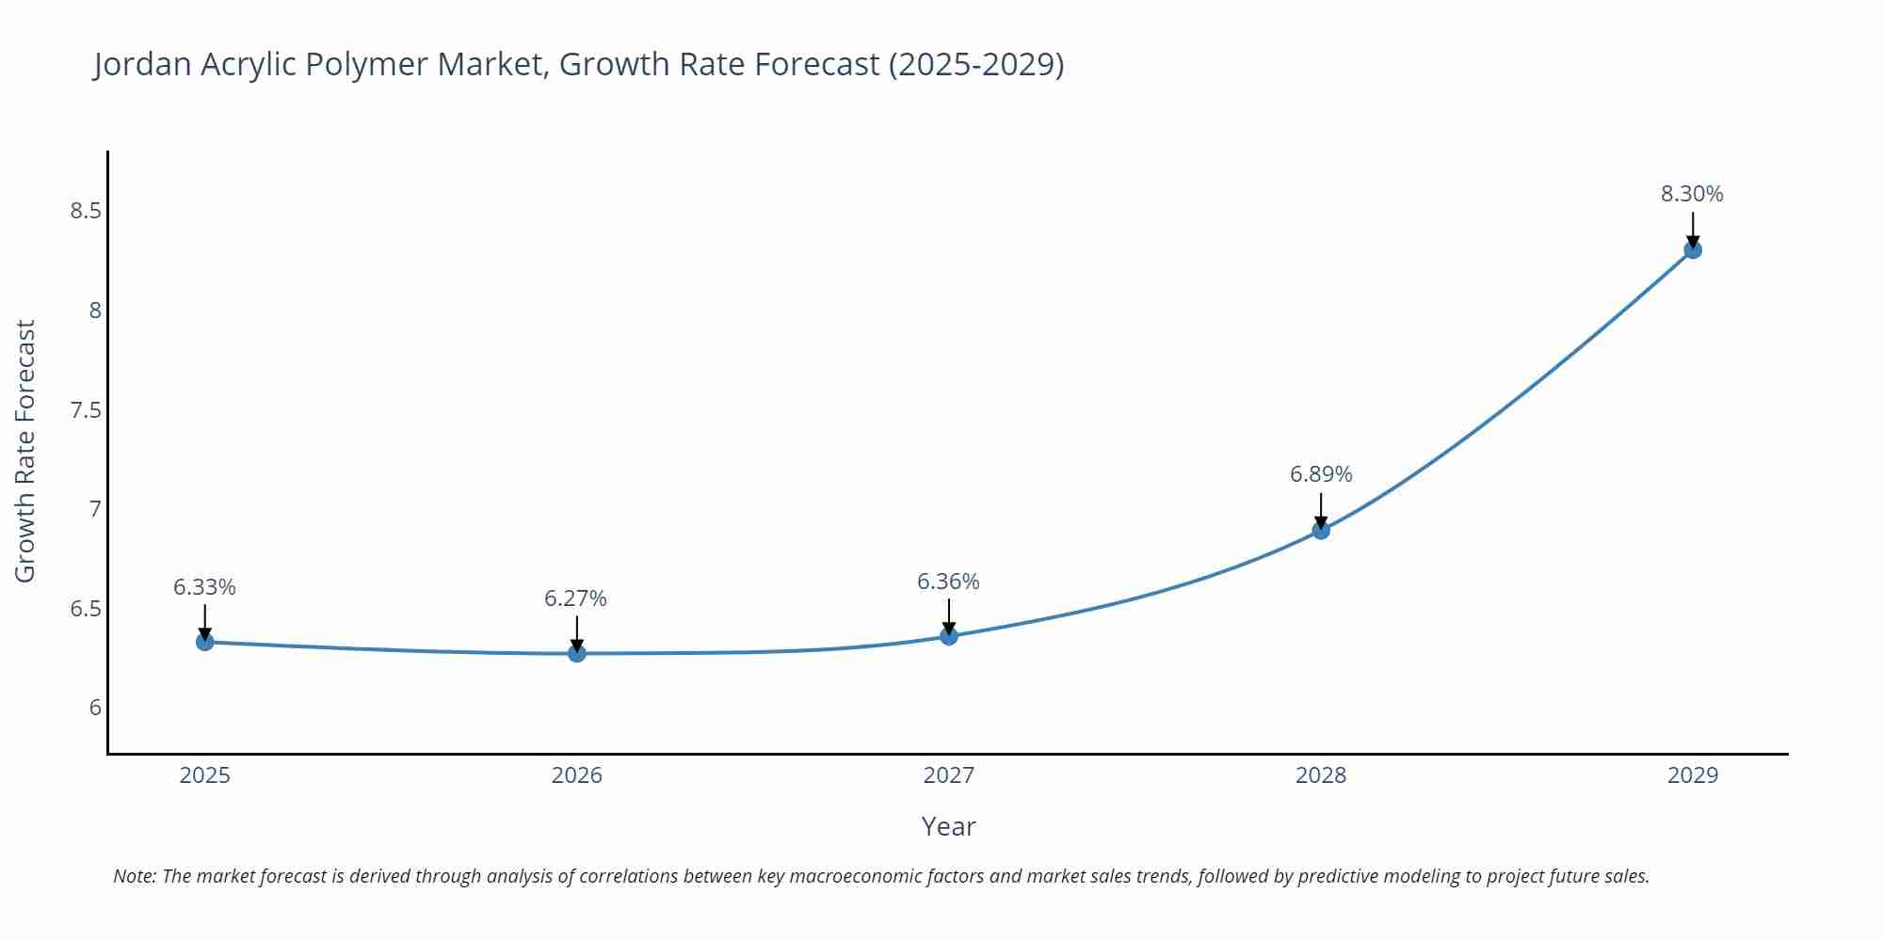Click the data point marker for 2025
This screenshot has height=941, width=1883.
[205, 642]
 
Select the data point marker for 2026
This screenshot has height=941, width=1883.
[577, 653]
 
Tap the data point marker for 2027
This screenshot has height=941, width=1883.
[949, 636]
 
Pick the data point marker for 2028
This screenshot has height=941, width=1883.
[1321, 531]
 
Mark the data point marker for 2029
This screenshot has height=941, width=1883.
[1693, 250]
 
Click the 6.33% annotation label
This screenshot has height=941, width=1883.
[204, 587]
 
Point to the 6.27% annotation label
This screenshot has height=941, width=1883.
[575, 598]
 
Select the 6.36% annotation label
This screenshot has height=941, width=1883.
[948, 582]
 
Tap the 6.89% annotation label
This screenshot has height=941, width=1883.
[1321, 474]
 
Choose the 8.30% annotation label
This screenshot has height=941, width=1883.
[1692, 194]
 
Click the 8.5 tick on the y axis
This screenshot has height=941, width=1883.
[86, 211]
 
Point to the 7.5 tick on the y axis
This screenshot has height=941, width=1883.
[86, 410]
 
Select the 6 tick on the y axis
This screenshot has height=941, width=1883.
[95, 708]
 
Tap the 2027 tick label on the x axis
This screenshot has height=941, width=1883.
[949, 775]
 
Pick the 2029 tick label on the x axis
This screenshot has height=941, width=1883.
[1693, 775]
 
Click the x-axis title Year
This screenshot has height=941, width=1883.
[948, 826]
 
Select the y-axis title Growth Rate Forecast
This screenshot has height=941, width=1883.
[25, 452]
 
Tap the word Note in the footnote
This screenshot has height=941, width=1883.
[135, 876]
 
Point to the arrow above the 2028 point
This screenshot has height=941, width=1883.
[1321, 511]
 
